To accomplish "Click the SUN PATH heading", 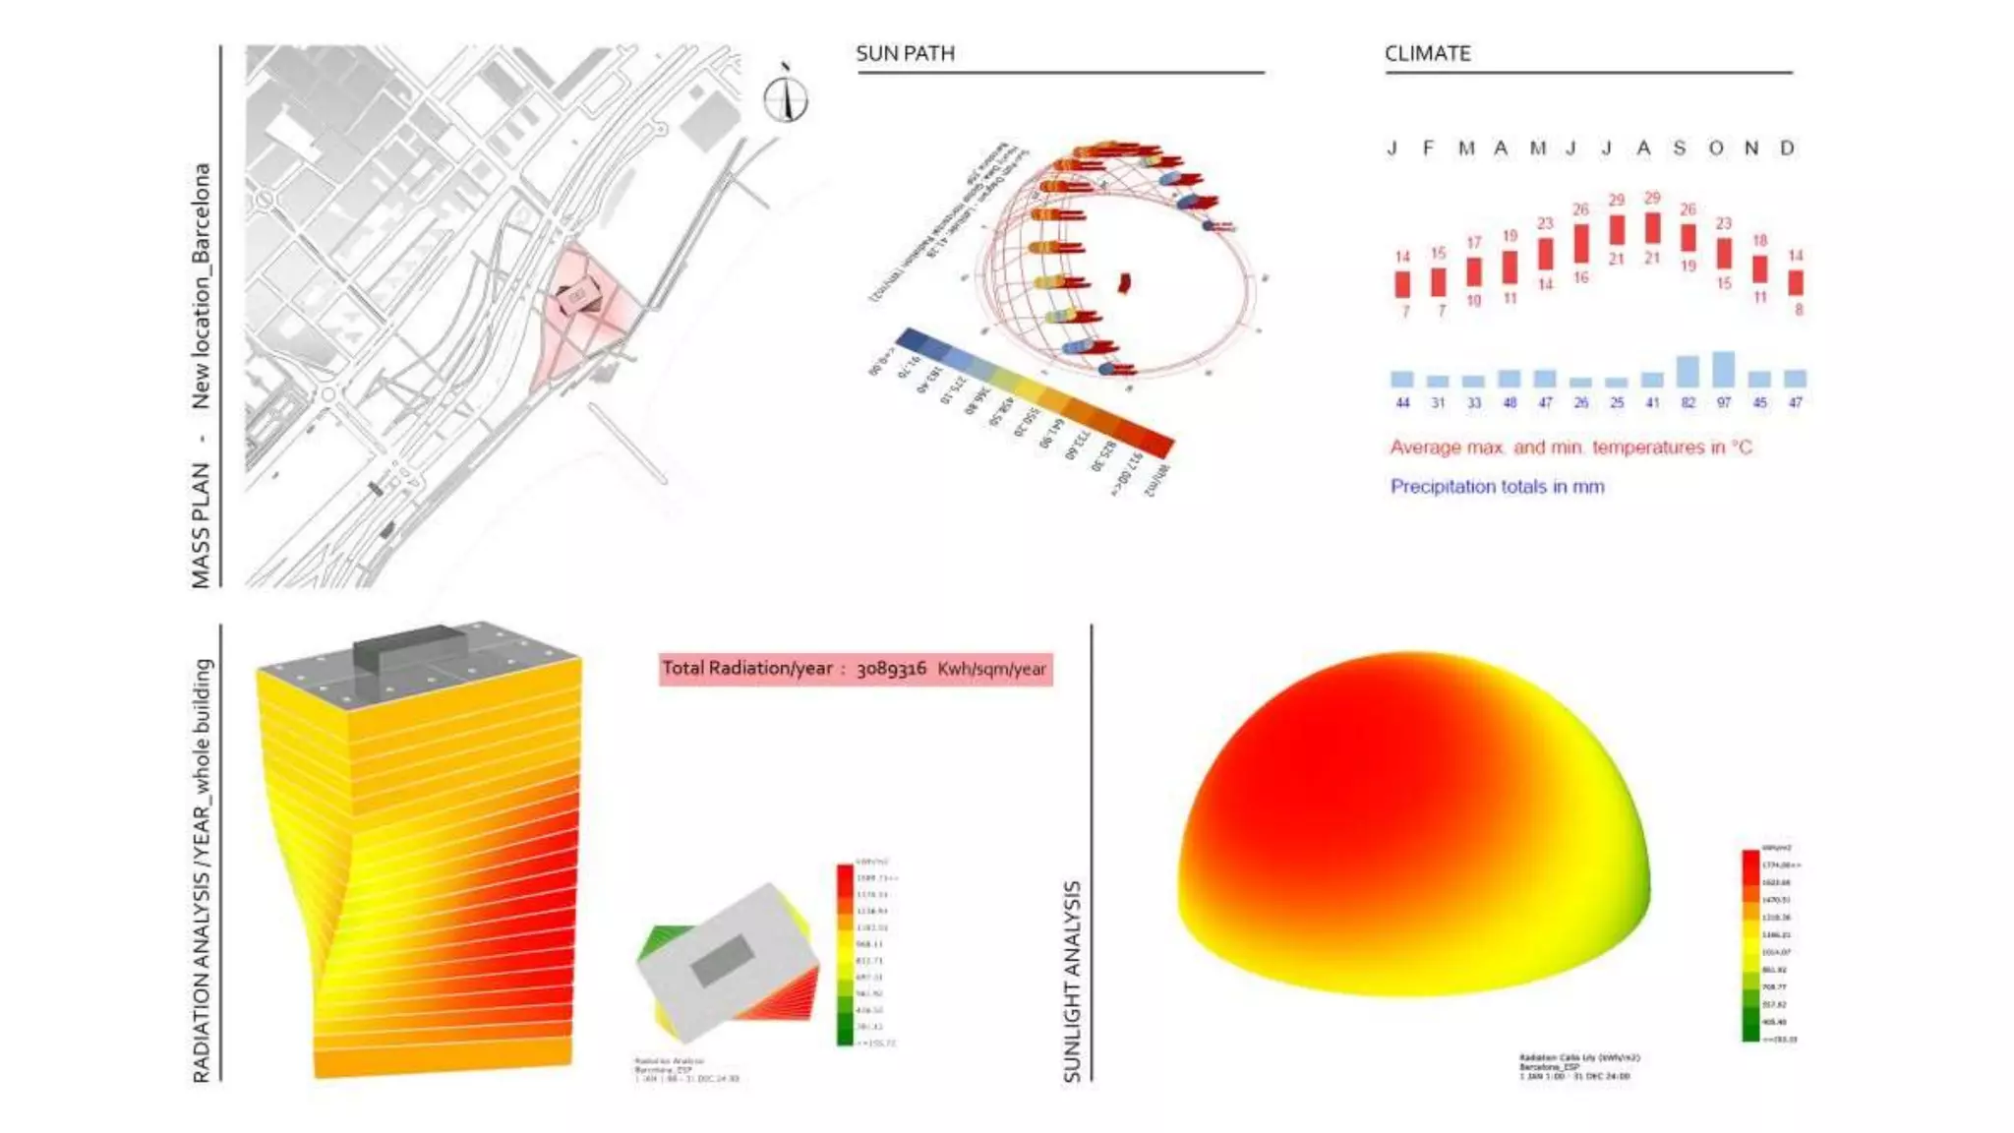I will [x=905, y=53].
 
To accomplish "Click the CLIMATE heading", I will [x=1427, y=53].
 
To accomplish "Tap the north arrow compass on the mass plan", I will [x=786, y=98].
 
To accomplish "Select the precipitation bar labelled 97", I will [x=1723, y=369].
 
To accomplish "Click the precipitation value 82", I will [x=1688, y=402].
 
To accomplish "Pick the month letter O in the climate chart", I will [x=1716, y=149].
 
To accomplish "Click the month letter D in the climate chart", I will [x=1787, y=149].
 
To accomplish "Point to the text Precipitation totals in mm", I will [x=1497, y=486].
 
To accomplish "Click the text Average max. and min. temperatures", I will [x=1570, y=447].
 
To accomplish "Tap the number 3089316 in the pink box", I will [x=891, y=669].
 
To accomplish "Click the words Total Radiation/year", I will [x=746, y=669].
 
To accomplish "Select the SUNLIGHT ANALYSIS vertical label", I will [x=1072, y=981].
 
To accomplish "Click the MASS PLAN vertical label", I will [x=201, y=525].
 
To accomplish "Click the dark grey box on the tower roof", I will [x=408, y=646].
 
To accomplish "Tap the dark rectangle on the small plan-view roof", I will [x=723, y=960].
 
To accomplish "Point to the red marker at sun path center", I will [x=1124, y=283].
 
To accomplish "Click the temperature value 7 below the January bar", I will [x=1404, y=311].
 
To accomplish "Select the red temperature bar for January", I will [x=1402, y=284].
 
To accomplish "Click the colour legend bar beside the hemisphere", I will [x=1750, y=944].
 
